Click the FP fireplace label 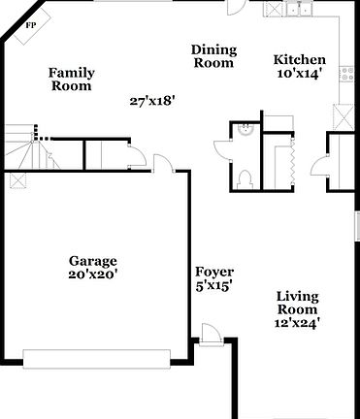31,24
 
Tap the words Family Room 70,79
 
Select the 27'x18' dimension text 153,100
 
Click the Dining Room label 213,56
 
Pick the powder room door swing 222,150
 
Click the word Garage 93,261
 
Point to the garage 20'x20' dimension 93,274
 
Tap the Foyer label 214,272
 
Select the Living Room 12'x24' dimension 299,321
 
